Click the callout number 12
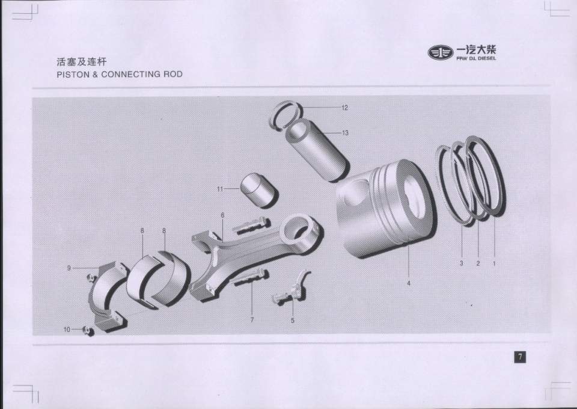click(x=344, y=108)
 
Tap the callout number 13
click(x=345, y=133)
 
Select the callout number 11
click(x=220, y=189)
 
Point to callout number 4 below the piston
click(x=409, y=283)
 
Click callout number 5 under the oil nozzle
click(x=293, y=321)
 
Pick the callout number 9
click(x=222, y=215)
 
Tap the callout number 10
click(x=67, y=330)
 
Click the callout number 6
click(x=222, y=215)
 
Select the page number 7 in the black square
click(x=520, y=357)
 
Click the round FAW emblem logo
click(x=441, y=53)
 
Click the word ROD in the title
click(x=173, y=75)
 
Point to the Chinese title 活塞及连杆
click(x=81, y=61)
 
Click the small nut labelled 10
click(x=89, y=331)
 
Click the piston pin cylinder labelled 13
click(x=317, y=151)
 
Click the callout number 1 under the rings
click(x=494, y=263)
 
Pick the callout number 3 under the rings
click(x=462, y=263)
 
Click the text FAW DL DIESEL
click(x=476, y=58)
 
